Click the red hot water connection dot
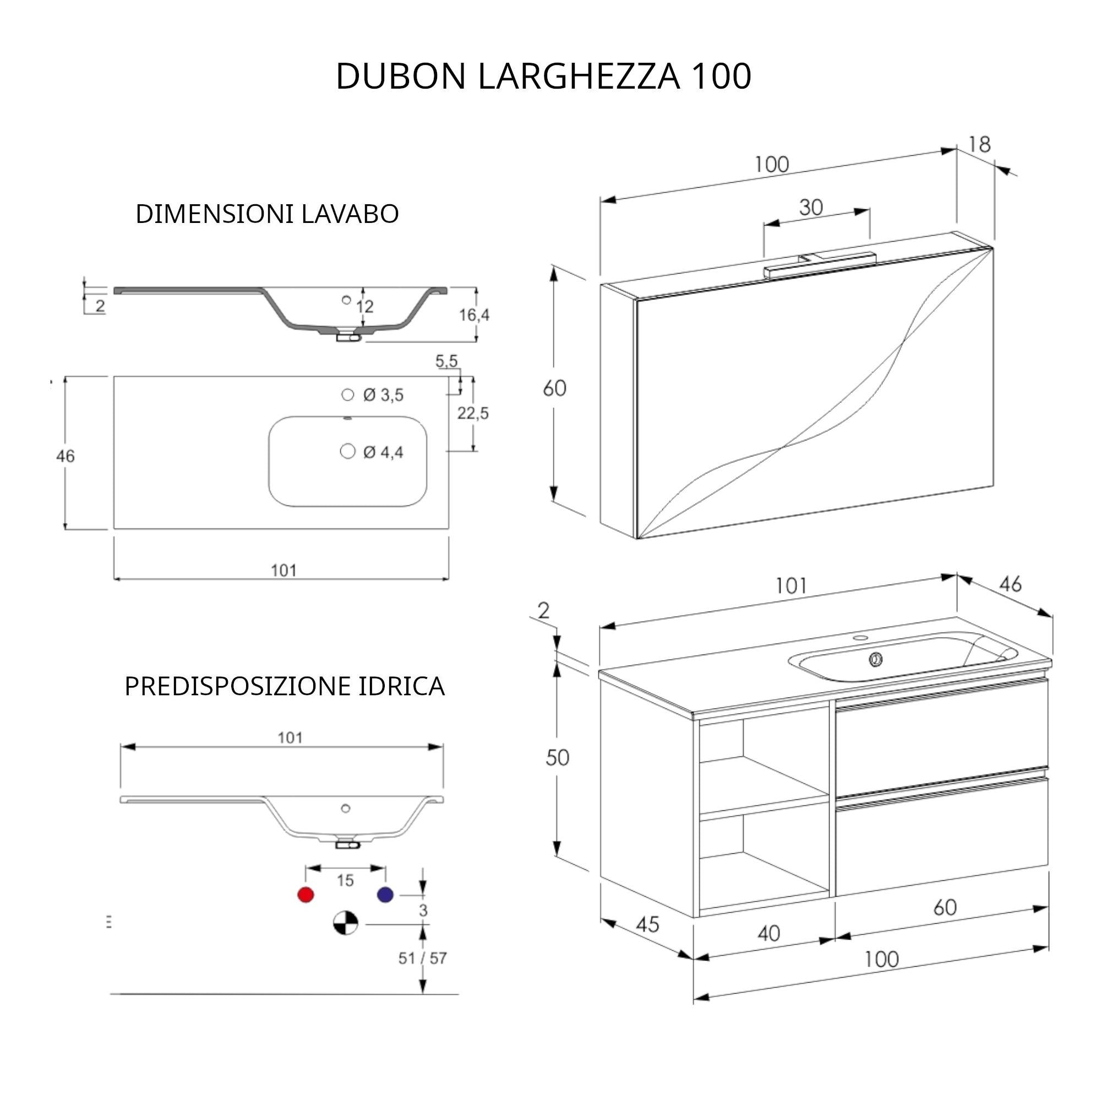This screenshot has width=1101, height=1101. pos(306,895)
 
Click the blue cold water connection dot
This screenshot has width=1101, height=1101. pos(385,895)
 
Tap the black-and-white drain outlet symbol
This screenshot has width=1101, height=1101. pos(345,923)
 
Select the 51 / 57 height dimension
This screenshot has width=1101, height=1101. pos(422,958)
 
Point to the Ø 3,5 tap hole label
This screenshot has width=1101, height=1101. pos(383,395)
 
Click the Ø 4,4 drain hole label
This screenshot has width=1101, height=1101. pos(383,453)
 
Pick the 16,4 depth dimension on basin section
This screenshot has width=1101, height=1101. pos(474,315)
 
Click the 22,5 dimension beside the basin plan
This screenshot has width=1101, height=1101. pos(473,413)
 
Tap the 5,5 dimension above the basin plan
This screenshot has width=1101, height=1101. pos(446,361)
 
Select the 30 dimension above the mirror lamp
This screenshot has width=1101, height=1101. pos(810,208)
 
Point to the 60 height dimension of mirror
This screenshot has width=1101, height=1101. pos(554,389)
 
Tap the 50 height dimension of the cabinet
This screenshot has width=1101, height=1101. pos(557,758)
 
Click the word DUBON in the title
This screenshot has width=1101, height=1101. pos(401,77)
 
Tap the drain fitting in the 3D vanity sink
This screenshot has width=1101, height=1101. pos(876,660)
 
